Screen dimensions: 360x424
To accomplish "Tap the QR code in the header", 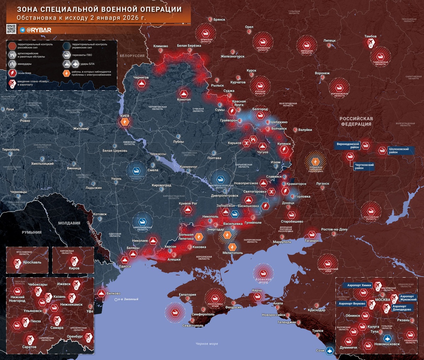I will [11, 29].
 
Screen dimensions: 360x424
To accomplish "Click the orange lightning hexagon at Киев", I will [125, 122].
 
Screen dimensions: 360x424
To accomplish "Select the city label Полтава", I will [214, 158].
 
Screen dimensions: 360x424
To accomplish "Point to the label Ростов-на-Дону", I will [334, 230].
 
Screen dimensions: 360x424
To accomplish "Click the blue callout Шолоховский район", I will [399, 151].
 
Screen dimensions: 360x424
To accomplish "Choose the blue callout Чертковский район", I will [364, 166].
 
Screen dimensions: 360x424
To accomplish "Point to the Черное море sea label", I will [207, 344].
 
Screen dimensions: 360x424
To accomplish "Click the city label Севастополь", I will [193, 326].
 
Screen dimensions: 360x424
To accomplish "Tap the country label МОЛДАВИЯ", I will [69, 223].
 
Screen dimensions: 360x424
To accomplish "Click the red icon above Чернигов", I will [142, 84].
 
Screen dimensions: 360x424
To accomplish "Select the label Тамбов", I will [370, 36].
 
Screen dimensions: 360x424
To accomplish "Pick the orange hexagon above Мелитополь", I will [232, 247].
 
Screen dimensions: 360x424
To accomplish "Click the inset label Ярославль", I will [32, 262].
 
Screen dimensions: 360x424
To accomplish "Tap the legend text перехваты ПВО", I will [82, 55].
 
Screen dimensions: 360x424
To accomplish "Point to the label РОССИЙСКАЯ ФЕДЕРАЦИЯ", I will [356, 121].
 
